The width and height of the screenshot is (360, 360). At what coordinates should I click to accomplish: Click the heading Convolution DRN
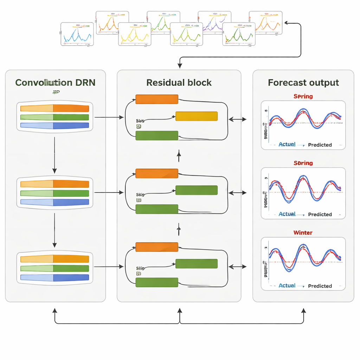point(55,83)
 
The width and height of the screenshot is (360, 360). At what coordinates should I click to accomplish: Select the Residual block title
point(179,83)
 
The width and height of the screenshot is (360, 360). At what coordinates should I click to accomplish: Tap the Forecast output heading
point(303,83)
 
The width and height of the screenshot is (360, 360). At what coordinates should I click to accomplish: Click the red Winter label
point(303,232)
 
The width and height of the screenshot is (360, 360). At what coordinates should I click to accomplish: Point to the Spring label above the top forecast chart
point(303,96)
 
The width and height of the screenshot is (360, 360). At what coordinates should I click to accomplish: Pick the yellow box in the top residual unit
point(196,116)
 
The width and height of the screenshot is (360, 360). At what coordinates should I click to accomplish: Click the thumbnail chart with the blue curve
point(77,34)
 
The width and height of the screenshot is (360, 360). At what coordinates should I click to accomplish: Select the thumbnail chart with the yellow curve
point(134,34)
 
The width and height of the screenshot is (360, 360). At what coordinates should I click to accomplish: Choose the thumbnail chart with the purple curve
point(214,22)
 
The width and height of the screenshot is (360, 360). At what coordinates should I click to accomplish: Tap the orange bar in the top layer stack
point(54,108)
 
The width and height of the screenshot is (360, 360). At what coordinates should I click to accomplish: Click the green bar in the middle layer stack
point(54,193)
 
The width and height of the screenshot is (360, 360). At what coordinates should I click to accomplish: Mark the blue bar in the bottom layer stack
point(54,277)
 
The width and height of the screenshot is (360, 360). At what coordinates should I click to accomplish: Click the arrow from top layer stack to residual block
point(109,117)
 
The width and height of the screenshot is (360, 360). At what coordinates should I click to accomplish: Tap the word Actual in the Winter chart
point(287,285)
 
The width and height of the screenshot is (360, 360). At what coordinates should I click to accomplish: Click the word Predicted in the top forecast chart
point(320,145)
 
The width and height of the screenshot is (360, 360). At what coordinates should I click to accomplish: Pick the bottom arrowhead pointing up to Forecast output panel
point(303,311)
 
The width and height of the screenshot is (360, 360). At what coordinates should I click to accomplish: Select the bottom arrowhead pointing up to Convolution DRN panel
point(54,311)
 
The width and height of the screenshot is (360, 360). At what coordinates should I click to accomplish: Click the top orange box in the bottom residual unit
point(156,247)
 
